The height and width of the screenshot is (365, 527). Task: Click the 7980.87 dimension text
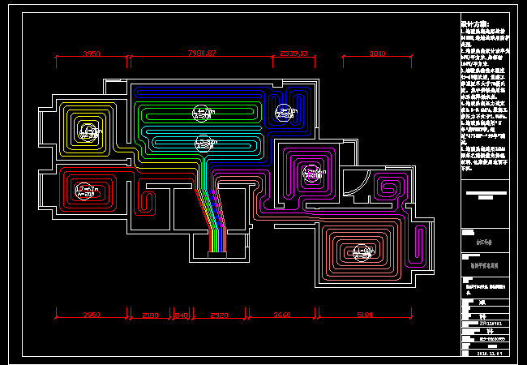[202, 54]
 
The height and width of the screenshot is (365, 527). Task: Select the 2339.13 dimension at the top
[294, 54]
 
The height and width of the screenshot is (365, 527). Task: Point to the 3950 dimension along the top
[92, 54]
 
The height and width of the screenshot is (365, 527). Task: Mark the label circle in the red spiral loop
[86, 191]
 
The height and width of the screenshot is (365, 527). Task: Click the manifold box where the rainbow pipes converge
[217, 255]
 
